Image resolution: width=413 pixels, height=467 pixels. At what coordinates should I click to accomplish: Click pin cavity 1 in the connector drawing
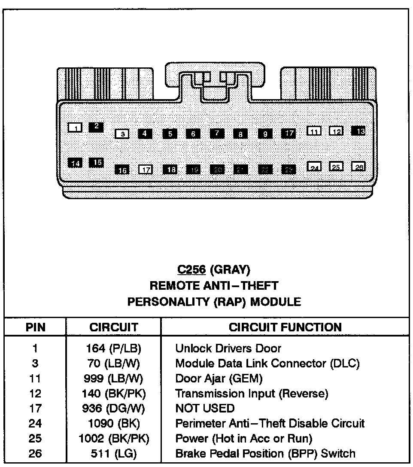(x=75, y=127)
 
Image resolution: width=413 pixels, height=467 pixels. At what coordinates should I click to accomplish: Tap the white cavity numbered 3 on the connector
(x=122, y=134)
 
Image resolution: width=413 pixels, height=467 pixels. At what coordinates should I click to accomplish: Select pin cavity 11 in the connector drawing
(x=314, y=131)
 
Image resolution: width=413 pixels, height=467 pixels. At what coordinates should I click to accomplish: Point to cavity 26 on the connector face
(x=358, y=167)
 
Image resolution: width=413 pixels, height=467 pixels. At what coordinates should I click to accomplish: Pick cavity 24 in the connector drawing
(x=314, y=167)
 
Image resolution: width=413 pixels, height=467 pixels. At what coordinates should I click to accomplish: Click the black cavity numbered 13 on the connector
(x=358, y=131)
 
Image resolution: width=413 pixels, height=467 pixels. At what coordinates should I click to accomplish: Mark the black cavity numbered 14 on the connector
(x=75, y=163)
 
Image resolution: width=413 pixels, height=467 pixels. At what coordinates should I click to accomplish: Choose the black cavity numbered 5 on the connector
(x=170, y=133)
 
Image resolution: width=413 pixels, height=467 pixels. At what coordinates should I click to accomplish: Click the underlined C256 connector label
(x=192, y=270)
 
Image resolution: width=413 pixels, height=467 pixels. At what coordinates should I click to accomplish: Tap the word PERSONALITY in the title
(x=168, y=302)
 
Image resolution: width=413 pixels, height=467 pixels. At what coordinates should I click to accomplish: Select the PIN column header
(x=35, y=328)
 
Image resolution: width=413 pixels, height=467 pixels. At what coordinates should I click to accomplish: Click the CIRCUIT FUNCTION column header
(x=285, y=328)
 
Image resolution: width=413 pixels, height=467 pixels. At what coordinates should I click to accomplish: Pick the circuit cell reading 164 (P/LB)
(x=113, y=349)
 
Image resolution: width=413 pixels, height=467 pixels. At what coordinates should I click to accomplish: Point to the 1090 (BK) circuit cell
(x=113, y=424)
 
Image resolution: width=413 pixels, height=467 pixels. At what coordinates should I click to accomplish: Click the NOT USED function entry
(x=205, y=408)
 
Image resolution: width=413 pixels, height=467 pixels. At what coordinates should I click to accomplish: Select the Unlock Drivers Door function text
(x=228, y=349)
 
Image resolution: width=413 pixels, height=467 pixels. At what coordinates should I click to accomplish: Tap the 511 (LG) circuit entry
(x=113, y=453)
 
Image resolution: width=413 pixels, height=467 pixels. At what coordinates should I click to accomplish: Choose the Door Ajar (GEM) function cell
(x=219, y=378)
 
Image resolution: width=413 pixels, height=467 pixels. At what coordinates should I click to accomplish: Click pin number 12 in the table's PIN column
(x=35, y=393)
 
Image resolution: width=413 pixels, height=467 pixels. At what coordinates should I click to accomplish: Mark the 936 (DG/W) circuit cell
(x=113, y=408)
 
